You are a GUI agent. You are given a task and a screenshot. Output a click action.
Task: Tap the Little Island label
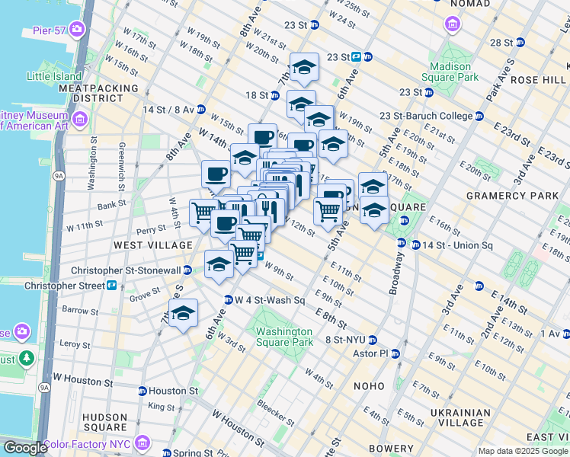(56, 76)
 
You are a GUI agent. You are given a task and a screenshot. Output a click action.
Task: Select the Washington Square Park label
(284, 337)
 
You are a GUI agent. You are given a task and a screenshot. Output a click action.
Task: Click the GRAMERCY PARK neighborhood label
(512, 196)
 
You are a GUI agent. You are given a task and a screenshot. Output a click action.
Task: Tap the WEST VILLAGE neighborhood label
(153, 245)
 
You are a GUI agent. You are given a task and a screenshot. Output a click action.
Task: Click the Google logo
(24, 448)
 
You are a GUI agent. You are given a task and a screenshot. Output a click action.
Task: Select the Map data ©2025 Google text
(523, 451)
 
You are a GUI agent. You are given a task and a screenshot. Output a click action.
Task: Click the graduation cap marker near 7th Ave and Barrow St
(183, 313)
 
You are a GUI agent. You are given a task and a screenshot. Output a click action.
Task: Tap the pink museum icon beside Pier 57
(76, 30)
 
